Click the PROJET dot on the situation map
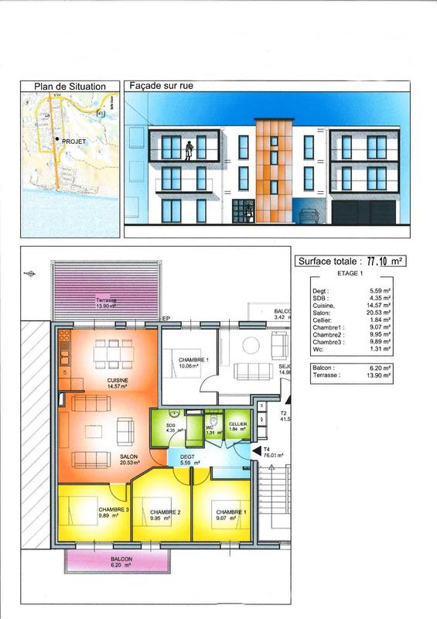pyautogui.click(x=57, y=140)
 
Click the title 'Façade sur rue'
pyautogui.click(x=162, y=87)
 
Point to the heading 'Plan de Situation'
pyautogui.click(x=70, y=87)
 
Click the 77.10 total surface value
pyautogui.click(x=374, y=262)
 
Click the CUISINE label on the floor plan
pyautogui.click(x=118, y=381)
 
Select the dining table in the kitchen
pyautogui.click(x=106, y=355)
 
